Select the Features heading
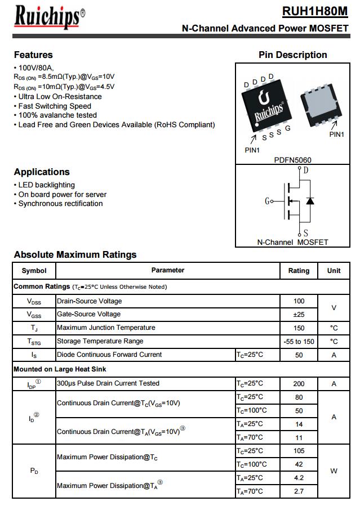click(33, 55)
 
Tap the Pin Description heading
click(292, 55)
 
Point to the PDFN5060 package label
click(292, 160)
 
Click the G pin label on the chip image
click(287, 128)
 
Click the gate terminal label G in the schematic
click(267, 201)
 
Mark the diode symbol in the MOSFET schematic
click(309, 201)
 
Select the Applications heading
click(42, 172)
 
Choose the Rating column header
click(299, 271)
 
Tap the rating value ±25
click(299, 315)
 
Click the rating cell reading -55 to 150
click(299, 342)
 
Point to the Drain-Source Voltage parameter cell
click(90, 301)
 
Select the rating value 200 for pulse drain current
click(299, 384)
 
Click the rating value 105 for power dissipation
click(299, 451)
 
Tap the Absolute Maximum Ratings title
click(75, 254)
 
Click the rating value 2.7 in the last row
click(299, 491)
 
